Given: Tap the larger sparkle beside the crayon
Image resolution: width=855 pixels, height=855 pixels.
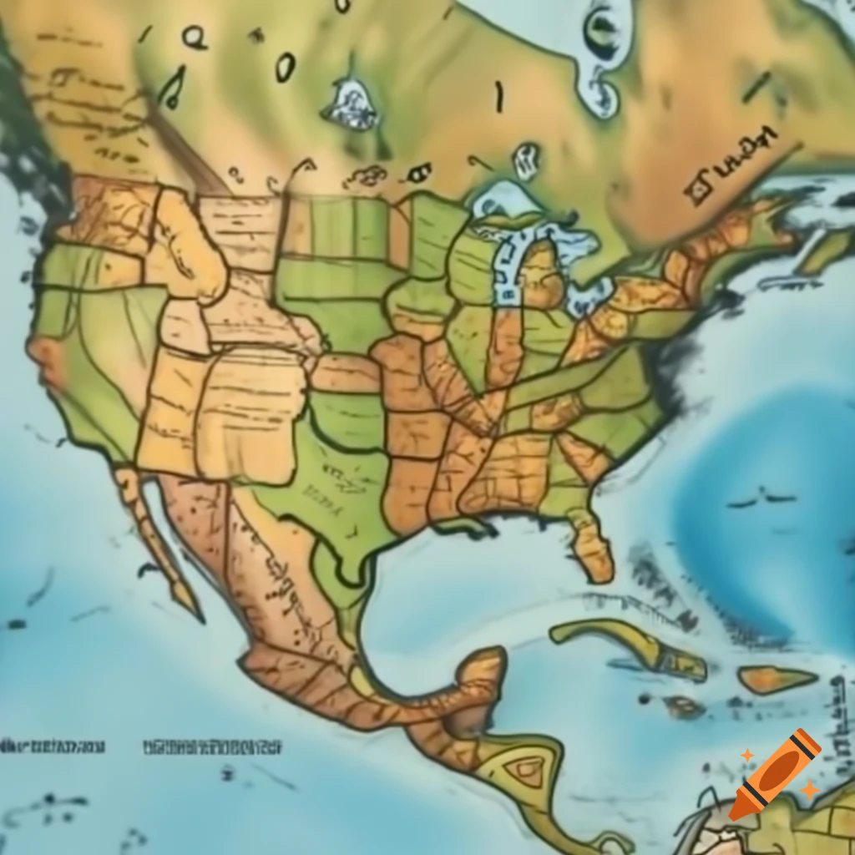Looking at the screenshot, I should pyautogui.click(x=809, y=790).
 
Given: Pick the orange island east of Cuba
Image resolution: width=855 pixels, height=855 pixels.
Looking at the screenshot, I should pyautogui.click(x=777, y=678).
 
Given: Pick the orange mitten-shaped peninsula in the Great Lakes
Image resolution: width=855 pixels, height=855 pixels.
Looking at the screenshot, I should pyautogui.click(x=539, y=280).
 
